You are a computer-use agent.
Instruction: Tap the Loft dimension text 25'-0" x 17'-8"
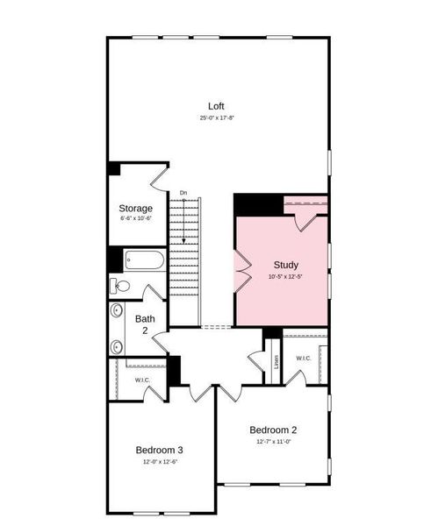pos(216,117)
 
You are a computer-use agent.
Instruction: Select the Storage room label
pos(136,209)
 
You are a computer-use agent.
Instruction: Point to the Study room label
pos(286,265)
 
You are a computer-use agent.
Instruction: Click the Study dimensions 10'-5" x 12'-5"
pos(286,277)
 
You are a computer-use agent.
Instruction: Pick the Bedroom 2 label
pos(273,430)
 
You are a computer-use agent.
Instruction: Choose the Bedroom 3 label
pos(159,450)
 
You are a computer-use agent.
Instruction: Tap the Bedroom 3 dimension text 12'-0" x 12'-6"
pos(159,461)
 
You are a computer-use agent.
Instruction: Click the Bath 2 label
pos(145,324)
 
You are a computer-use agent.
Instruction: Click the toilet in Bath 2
pos(120,286)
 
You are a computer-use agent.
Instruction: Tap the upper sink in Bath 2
pos(117,309)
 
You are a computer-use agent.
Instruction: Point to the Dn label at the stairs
pos(183,193)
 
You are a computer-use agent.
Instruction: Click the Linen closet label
pos(277,360)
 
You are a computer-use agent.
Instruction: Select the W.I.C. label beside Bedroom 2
pos(303,358)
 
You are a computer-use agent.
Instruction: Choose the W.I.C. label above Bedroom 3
pos(142,380)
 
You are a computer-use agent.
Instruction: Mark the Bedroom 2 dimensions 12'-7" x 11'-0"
pos(273,442)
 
